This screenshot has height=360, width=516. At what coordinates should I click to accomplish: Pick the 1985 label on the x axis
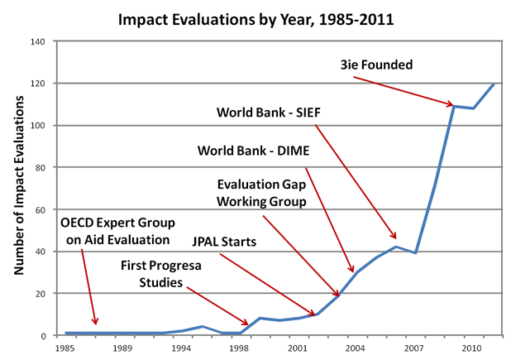point(65,348)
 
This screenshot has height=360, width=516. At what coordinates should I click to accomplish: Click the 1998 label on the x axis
point(241,348)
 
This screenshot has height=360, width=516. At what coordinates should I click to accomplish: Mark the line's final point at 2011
point(494,84)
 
